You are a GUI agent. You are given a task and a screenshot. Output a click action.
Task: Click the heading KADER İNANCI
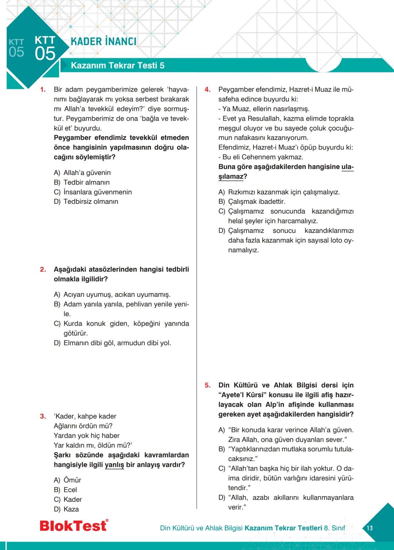104,42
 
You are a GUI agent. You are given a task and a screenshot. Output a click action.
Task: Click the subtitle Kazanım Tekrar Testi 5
117,66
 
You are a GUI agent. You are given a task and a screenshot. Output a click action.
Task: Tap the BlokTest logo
74,526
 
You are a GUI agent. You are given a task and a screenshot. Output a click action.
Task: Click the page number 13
370,528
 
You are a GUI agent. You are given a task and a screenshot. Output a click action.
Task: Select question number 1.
43,90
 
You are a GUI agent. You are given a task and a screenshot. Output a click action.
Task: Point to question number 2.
43,269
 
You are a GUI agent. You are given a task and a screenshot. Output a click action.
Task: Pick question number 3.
43,416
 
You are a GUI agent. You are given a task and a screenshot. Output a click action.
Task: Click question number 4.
207,90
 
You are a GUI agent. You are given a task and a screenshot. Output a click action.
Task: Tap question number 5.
207,385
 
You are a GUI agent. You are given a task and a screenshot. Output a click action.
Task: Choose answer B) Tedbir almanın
82,182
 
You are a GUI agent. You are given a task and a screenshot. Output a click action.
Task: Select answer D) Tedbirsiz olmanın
86,202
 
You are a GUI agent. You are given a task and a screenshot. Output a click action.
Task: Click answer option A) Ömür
67,480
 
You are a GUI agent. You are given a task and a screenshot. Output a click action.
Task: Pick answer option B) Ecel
66,490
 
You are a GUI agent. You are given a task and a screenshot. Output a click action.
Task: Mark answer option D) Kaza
66,509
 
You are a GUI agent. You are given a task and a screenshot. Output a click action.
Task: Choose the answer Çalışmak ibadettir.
256,202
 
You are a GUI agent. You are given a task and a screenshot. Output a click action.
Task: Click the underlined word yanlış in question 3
114,465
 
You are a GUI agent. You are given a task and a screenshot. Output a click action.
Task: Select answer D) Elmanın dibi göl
112,343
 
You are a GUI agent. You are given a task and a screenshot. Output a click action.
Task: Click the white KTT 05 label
45,48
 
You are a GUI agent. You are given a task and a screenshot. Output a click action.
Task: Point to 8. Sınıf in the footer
334,528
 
